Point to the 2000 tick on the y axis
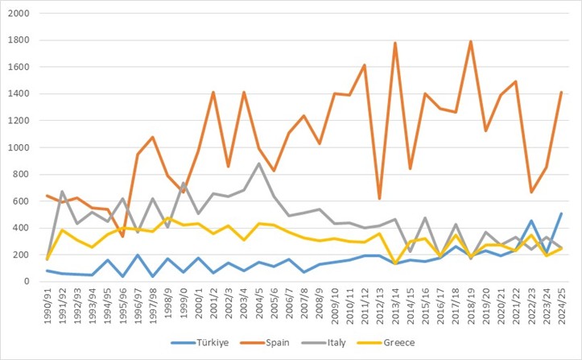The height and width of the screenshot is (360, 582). [x=19, y=14]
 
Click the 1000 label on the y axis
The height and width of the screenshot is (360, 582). [x=19, y=148]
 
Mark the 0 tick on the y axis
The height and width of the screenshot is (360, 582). [x=27, y=282]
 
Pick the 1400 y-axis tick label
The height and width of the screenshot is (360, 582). [x=19, y=94]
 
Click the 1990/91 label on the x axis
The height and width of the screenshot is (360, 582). [x=47, y=304]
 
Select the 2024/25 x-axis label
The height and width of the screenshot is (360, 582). [x=561, y=304]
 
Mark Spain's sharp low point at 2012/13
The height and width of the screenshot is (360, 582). [x=379, y=198]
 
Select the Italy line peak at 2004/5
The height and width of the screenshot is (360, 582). [x=258, y=163]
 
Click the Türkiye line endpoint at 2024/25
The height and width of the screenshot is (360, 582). [x=560, y=213]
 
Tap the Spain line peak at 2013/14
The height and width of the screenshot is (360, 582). [x=394, y=43]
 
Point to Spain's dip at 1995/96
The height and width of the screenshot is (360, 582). [x=123, y=236]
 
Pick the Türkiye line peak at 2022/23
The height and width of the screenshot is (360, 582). [x=530, y=221]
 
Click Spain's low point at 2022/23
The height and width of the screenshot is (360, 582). [x=530, y=192]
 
